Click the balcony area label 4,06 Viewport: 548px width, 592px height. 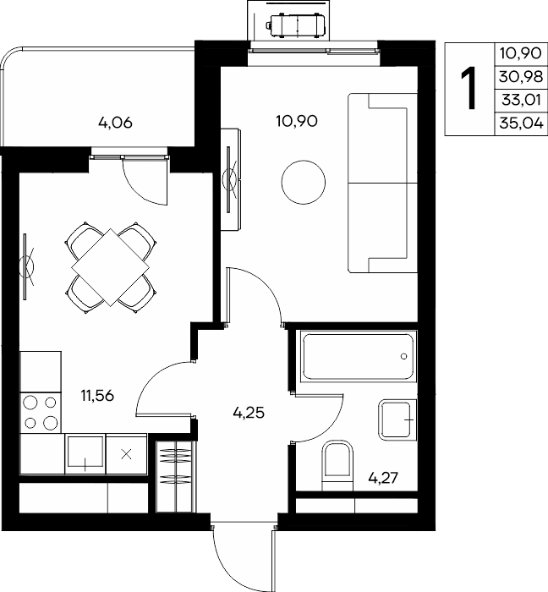[115, 123]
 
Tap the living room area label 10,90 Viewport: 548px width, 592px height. [297, 121]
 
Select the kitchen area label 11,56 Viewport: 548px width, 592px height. [97, 396]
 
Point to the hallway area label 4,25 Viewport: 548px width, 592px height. [249, 413]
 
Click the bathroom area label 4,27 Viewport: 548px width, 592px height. [383, 479]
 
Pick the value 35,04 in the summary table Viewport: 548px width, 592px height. [522, 123]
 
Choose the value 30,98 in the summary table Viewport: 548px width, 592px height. [521, 77]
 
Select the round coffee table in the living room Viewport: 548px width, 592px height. [304, 182]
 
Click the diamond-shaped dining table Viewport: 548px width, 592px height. [110, 267]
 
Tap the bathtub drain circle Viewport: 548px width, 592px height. [404, 356]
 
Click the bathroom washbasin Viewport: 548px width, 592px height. [397, 419]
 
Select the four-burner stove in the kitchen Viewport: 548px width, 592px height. [41, 413]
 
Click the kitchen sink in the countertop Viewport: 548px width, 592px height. [85, 453]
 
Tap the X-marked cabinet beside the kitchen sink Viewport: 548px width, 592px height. [127, 454]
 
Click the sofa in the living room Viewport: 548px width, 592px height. [382, 183]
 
